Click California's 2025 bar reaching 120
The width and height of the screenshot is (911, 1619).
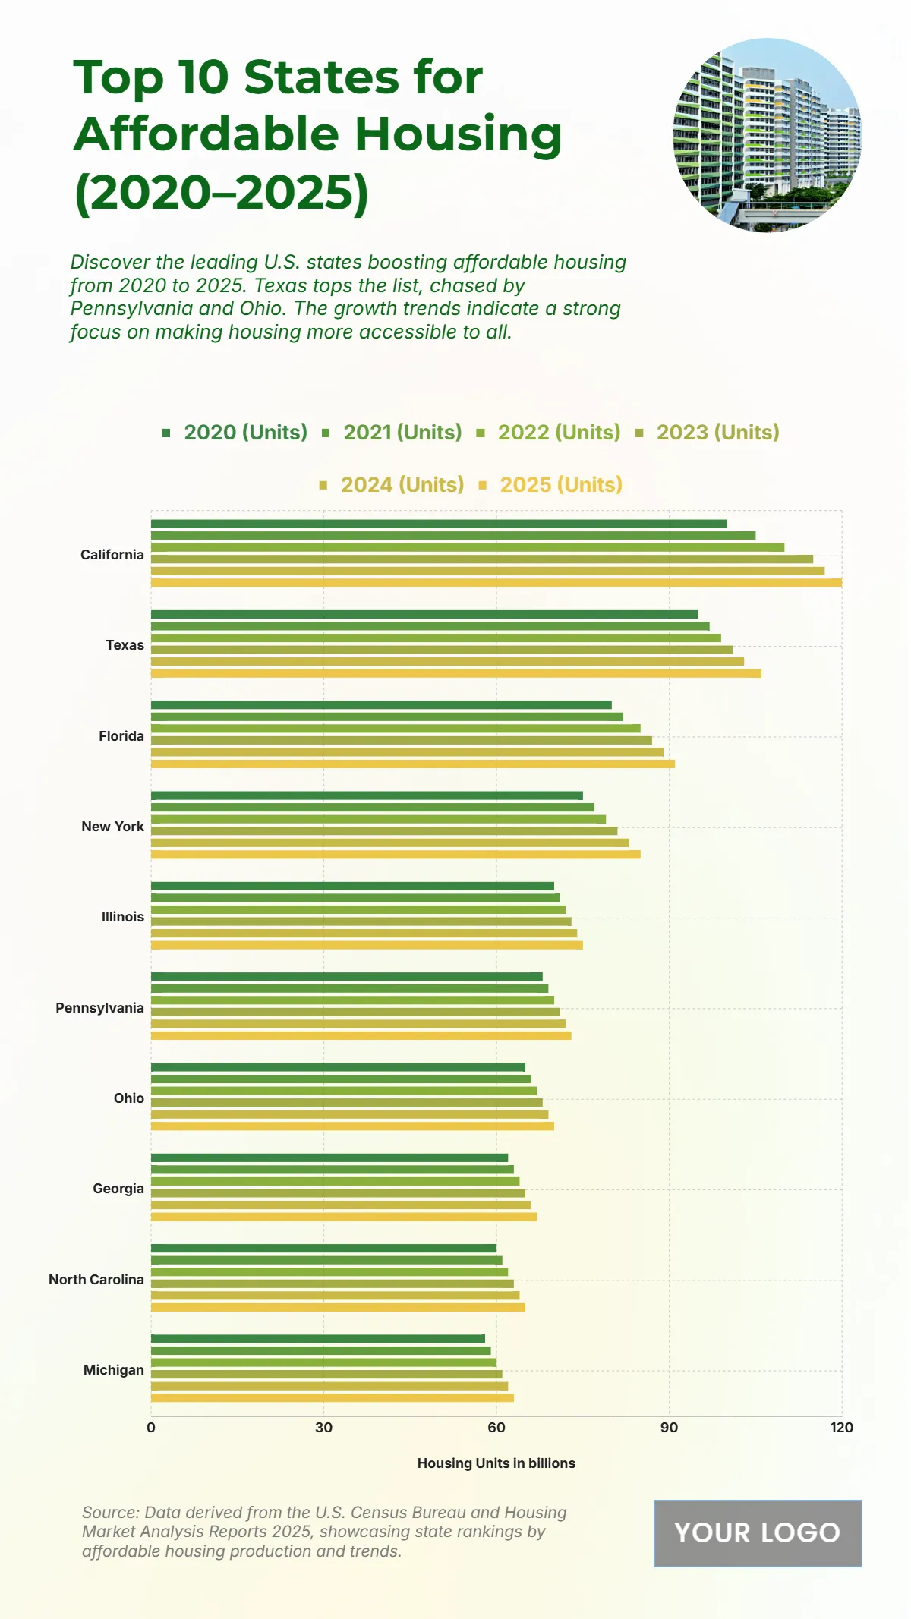496,583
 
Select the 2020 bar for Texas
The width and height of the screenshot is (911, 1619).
424,615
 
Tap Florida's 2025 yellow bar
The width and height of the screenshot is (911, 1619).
413,764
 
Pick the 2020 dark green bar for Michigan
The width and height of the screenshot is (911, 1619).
318,1339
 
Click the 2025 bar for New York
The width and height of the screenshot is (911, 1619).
396,855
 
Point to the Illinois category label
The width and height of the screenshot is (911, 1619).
123,917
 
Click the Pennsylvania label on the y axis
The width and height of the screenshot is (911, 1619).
99,1008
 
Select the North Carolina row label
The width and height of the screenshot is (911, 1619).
96,1280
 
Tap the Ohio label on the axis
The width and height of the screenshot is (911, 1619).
129,1098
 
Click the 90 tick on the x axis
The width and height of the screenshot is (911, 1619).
669,1428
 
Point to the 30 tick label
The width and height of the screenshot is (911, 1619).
324,1428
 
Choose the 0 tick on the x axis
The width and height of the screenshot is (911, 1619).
151,1428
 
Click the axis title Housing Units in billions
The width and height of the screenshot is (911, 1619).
496,1463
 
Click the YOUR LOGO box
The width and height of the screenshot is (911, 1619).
758,1533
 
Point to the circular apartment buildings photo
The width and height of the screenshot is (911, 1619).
768,135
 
